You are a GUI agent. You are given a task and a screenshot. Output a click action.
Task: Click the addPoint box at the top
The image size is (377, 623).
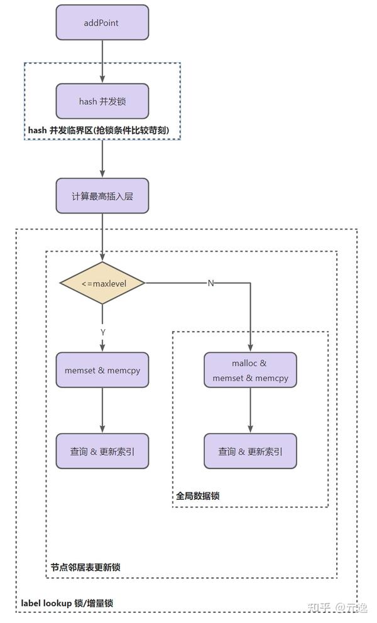tap(102, 23)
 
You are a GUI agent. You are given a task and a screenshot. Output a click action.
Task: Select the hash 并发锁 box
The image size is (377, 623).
tap(102, 101)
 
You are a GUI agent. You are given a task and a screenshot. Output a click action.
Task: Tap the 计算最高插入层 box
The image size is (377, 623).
tap(102, 196)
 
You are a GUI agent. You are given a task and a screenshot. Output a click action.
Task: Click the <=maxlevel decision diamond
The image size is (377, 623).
tap(102, 283)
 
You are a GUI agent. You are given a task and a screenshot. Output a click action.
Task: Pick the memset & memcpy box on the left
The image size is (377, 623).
tap(102, 370)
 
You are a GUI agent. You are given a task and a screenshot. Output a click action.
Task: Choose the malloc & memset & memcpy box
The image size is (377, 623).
tap(250, 370)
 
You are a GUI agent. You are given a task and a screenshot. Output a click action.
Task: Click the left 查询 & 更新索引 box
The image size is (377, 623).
tap(102, 451)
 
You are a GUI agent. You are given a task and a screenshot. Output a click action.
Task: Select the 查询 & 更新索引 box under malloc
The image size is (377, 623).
tap(250, 451)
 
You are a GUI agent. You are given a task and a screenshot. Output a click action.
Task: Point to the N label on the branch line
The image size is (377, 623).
tap(210, 283)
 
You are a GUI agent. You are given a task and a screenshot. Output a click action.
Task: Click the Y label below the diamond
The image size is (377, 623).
tap(102, 331)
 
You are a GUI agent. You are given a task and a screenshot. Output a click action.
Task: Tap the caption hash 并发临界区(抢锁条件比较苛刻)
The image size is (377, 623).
tap(102, 130)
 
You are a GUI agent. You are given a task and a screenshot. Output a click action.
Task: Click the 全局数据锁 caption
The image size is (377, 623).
tap(197, 496)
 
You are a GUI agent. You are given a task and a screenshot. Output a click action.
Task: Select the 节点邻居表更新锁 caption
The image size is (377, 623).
tap(85, 567)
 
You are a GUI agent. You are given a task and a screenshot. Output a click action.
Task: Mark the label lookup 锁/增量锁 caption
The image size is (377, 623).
tap(67, 603)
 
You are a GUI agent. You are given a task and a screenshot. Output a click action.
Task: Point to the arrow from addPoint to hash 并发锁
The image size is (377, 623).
tap(102, 62)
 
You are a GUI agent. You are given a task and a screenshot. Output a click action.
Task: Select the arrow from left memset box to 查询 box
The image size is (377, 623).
tap(102, 411)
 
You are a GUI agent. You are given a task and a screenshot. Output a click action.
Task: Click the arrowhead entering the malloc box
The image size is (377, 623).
tap(250, 349)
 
